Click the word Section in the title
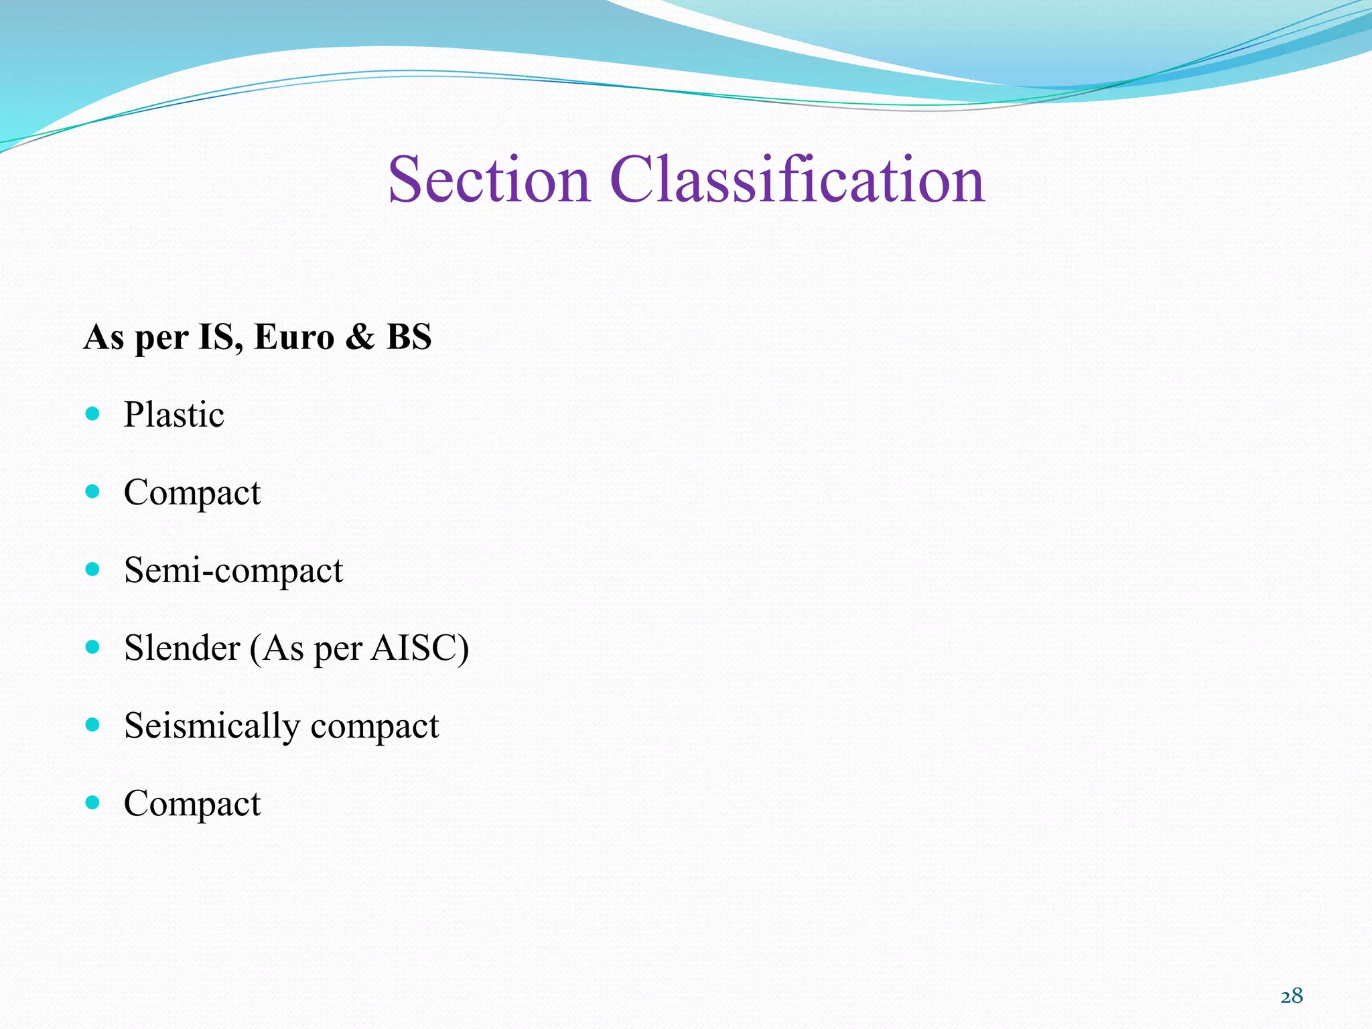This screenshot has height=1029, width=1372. pos(488,180)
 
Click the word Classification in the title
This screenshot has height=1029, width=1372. pos(797,180)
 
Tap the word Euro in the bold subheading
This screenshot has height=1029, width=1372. pos(294,337)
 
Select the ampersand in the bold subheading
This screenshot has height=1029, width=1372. pos(360,337)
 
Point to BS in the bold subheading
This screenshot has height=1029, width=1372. pos(409,337)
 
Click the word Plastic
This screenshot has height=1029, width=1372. pos(174,415)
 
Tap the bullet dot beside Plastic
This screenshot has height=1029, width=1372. pos(93,414)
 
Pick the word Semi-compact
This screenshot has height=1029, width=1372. pos(233,570)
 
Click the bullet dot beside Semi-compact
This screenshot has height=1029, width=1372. pos(93,569)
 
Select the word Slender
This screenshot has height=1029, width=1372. pos(182,648)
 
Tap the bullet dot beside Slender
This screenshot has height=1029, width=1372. pos(93,647)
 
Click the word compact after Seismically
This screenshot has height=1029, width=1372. pos(374,726)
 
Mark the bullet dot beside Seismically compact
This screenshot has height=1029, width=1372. pos(93,725)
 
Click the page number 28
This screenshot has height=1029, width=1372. pos(1292,996)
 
